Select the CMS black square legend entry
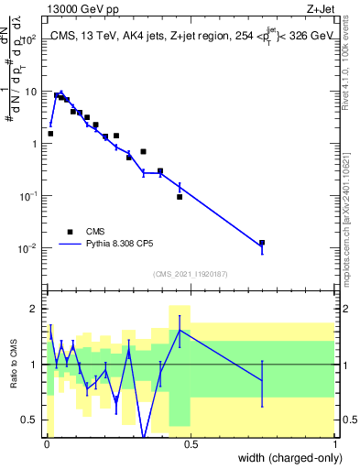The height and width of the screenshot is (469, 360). click(70, 232)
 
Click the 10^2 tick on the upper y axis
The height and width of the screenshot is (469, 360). click(30, 39)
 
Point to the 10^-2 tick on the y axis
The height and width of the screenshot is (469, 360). click(30, 248)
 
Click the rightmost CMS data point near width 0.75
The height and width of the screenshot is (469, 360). click(262, 243)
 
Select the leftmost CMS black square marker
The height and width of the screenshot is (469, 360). click(50, 134)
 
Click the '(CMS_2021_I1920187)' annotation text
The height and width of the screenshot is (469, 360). click(190, 274)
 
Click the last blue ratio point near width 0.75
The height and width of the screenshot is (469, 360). click(262, 380)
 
